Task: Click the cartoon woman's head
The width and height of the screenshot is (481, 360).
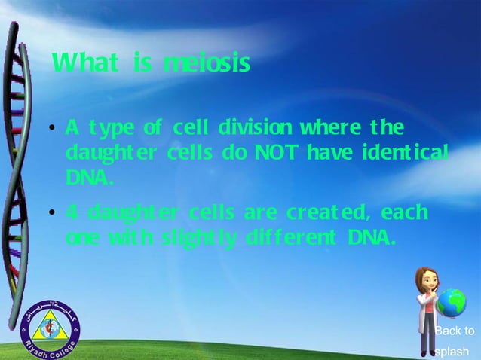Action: (427, 281)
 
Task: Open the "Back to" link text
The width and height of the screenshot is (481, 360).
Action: (455, 331)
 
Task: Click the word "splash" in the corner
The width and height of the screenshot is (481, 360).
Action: (452, 351)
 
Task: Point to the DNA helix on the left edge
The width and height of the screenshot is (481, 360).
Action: (17, 151)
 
